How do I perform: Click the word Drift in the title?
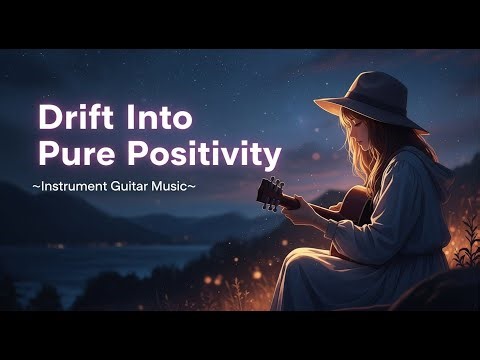click(x=77, y=116)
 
